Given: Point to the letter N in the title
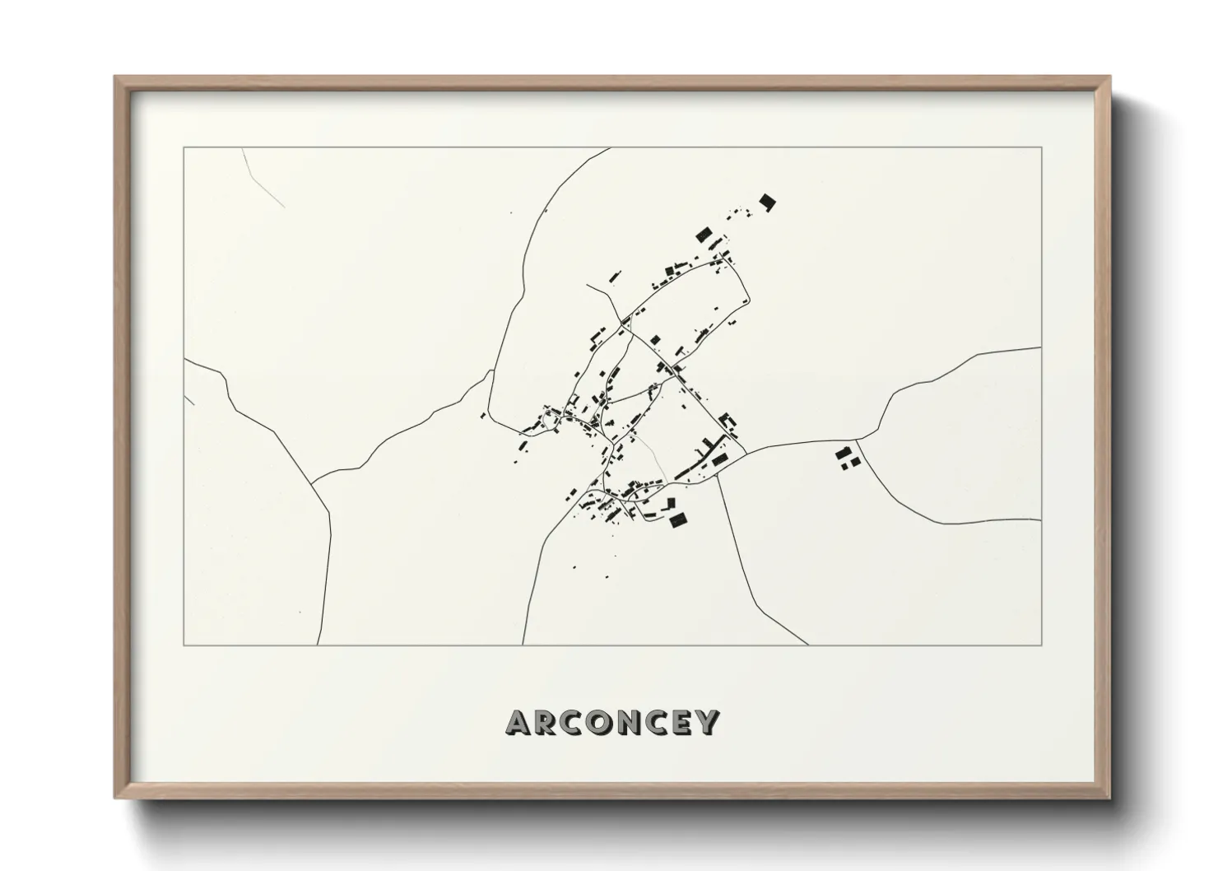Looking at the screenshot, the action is pyautogui.click(x=635, y=723).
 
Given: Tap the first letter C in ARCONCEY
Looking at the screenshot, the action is pyautogui.click(x=575, y=723).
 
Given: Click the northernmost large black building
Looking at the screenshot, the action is pyautogui.click(x=767, y=202).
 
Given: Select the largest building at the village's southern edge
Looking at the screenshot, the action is pyautogui.click(x=678, y=519).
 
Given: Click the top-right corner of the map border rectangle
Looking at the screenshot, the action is pyautogui.click(x=1041, y=148).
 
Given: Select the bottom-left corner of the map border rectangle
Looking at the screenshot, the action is pyautogui.click(x=184, y=645).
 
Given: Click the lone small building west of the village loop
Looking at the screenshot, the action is pyautogui.click(x=483, y=416).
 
